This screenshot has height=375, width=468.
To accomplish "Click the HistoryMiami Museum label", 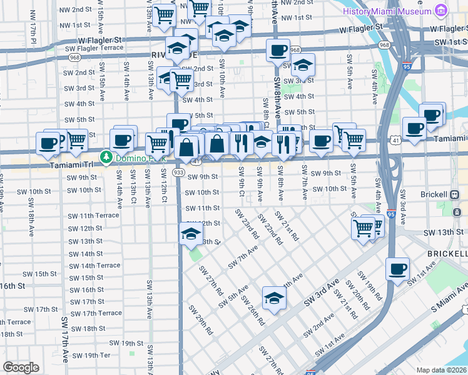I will tap(387, 11).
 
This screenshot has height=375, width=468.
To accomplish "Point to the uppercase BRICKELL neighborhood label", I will tap(447, 254).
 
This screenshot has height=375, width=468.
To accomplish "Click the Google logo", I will tap(21, 367).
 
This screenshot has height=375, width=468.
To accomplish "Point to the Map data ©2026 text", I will tap(441, 370).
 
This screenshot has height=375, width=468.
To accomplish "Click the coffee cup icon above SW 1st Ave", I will tap(397, 269).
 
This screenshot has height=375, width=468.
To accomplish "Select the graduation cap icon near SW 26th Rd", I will tap(273, 298).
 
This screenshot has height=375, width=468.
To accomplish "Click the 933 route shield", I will tap(178, 172).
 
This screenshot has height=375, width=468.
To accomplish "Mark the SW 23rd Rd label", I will tap(247, 224).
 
